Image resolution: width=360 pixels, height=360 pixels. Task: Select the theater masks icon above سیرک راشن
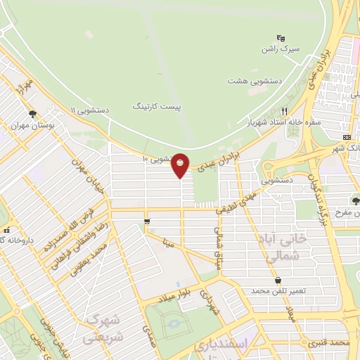[281, 37]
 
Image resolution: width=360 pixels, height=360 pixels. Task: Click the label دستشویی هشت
[255, 81]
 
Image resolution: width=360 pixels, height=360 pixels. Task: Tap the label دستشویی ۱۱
[90, 110]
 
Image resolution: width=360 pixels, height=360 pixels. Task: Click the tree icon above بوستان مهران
[32, 115]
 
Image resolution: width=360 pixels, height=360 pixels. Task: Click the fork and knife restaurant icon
[285, 111]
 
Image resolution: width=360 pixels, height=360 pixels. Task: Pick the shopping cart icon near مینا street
[146, 222]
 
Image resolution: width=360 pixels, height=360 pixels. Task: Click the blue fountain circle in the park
[174, 326]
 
